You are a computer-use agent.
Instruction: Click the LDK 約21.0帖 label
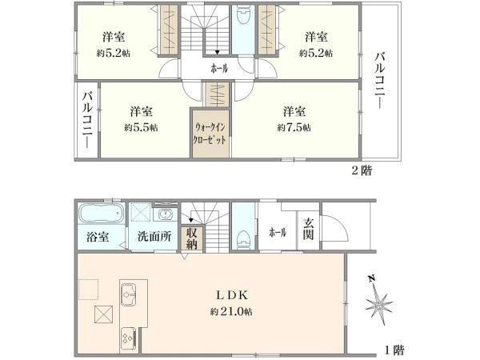click(x=231, y=303)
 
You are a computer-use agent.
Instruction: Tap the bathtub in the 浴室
click(x=102, y=213)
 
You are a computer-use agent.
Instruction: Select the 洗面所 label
click(x=154, y=237)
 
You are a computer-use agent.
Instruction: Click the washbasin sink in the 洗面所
click(x=166, y=214)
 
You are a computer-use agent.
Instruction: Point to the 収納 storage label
click(x=192, y=238)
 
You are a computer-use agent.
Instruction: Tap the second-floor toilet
click(x=243, y=16)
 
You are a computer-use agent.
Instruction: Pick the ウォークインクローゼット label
click(x=210, y=134)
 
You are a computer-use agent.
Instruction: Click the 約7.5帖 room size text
click(x=294, y=127)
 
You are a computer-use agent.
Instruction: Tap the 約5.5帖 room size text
click(x=141, y=127)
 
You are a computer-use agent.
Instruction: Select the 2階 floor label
click(x=362, y=170)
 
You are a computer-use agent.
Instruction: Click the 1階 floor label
click(x=394, y=350)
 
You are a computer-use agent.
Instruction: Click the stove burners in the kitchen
click(x=129, y=338)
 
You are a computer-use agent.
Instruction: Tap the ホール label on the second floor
click(x=219, y=68)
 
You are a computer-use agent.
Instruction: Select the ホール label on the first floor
click(x=278, y=232)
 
